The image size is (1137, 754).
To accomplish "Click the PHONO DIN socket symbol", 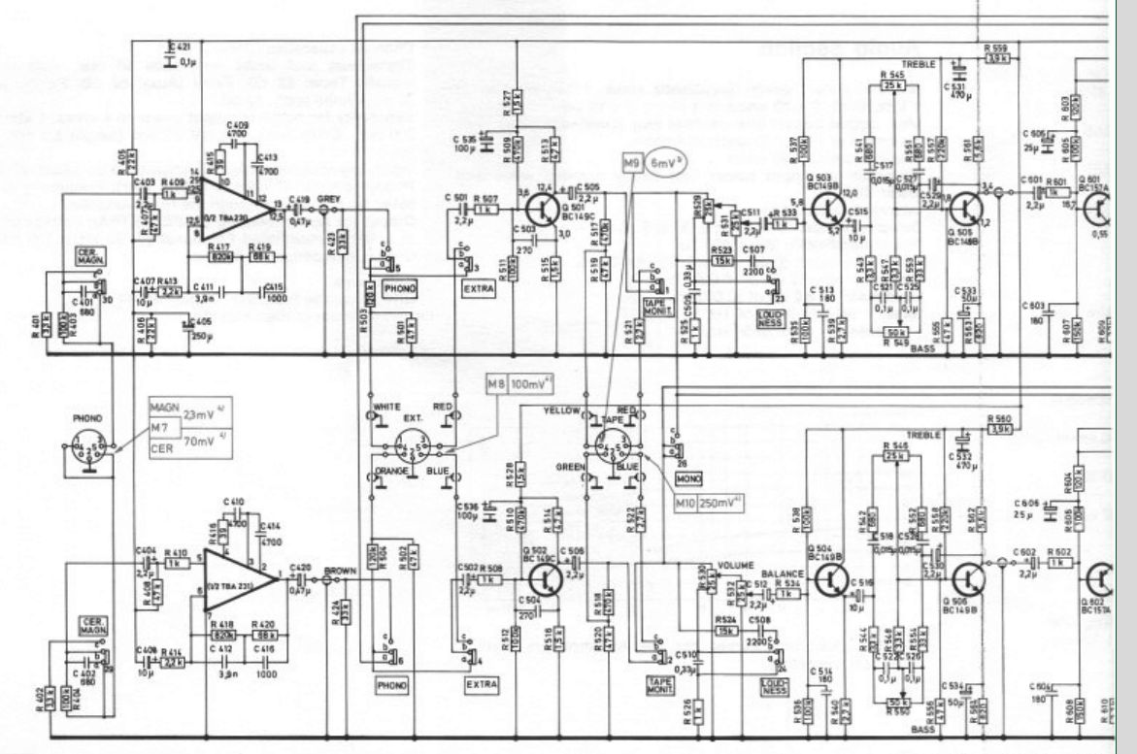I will [88, 448].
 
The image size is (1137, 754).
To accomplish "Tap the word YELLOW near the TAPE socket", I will [560, 411].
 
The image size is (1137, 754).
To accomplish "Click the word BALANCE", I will [783, 574].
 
